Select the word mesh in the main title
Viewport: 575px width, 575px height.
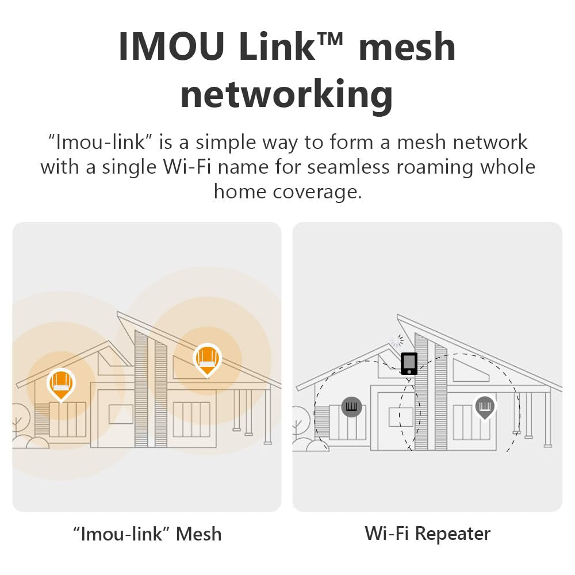[x=407, y=47]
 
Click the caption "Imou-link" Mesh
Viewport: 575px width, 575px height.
[x=147, y=534]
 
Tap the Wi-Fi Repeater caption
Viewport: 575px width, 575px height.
[x=427, y=534]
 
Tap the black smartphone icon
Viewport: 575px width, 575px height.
[x=409, y=363]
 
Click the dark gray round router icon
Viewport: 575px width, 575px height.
[x=351, y=407]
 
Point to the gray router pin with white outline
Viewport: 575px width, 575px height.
[x=485, y=407]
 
